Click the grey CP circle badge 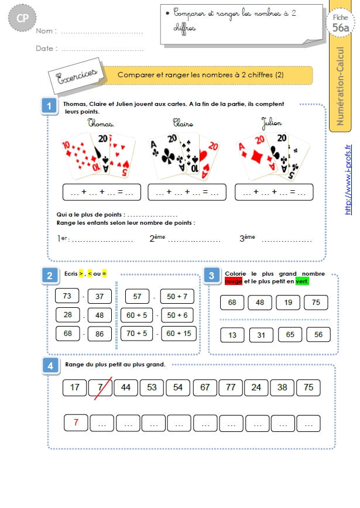tap(22, 18)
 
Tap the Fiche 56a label tap(341, 23)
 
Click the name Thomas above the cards tap(101, 123)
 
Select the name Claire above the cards tap(183, 123)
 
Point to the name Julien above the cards tap(272, 123)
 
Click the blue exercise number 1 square tap(49, 105)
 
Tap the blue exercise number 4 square tap(50, 366)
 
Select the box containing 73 tap(67, 296)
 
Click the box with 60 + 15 tap(179, 334)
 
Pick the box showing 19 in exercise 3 tap(288, 303)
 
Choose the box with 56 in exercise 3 tap(318, 335)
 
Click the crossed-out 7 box tap(101, 387)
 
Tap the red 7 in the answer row tap(76, 423)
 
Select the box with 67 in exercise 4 tap(205, 387)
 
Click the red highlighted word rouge tap(234, 281)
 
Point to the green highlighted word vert tap(302, 281)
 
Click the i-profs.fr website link tap(348, 180)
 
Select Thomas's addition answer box tap(102, 192)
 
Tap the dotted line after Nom tap(102, 33)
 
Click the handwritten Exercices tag tap(77, 76)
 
